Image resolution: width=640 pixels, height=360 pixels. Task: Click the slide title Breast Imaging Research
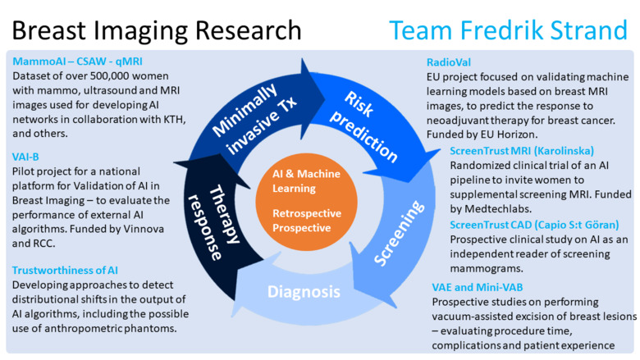(x=157, y=30)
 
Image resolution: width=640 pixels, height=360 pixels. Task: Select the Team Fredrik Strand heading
(x=508, y=30)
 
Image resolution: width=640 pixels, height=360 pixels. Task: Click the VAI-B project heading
(x=26, y=156)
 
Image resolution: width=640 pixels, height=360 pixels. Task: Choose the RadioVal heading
(x=449, y=62)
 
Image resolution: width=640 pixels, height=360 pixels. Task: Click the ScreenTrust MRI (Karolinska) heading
(x=522, y=151)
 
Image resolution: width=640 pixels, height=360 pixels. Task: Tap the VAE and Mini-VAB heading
(x=477, y=287)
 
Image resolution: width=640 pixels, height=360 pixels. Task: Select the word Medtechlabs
(x=501, y=210)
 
